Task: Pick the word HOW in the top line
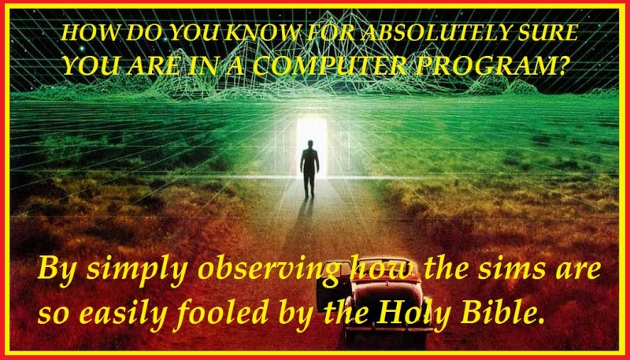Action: click(x=85, y=33)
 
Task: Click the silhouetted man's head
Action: click(x=309, y=144)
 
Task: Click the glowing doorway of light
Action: click(x=312, y=147)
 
